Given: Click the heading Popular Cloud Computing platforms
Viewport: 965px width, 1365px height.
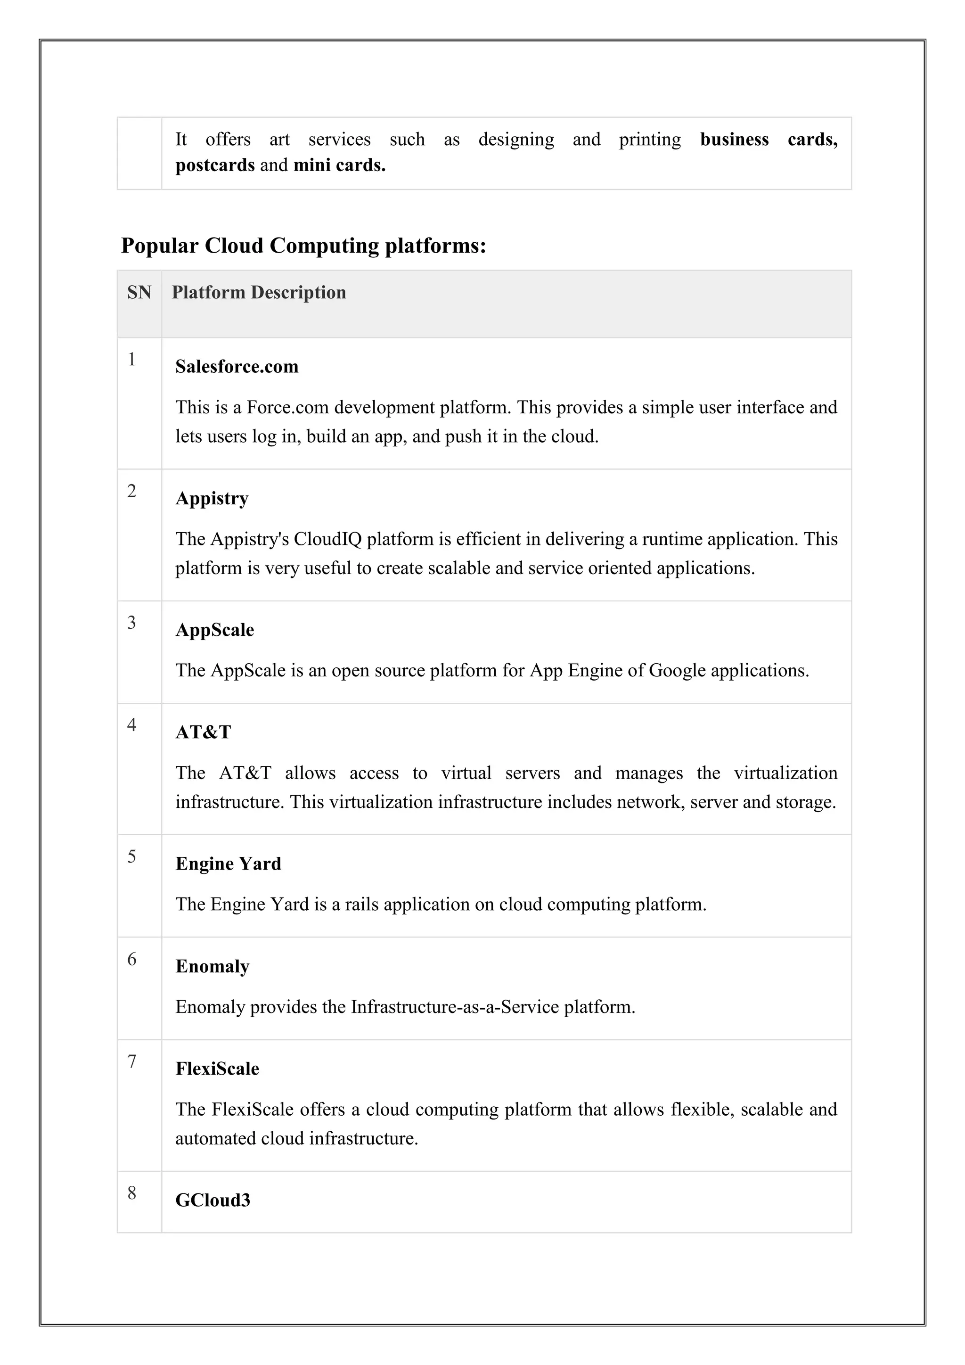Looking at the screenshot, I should click(303, 246).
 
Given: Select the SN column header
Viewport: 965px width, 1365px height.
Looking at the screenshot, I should click(139, 293).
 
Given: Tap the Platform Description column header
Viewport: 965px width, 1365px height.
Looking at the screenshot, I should click(259, 293).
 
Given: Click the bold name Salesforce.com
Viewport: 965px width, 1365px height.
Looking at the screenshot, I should click(237, 367).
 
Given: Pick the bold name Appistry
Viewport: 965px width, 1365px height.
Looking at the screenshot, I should click(212, 498).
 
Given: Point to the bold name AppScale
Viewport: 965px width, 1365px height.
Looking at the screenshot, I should click(214, 630).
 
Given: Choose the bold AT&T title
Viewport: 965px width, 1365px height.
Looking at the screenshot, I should click(203, 732).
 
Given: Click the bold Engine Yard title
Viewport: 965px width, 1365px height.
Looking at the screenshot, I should click(228, 864).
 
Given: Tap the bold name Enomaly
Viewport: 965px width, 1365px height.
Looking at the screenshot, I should click(212, 967).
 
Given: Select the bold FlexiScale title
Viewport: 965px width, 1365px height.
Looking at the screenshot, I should click(217, 1069).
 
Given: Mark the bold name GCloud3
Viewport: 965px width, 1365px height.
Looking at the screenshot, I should click(213, 1201).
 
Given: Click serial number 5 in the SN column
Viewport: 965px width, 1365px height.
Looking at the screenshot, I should click(132, 857).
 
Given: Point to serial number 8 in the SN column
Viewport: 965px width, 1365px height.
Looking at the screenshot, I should click(132, 1193).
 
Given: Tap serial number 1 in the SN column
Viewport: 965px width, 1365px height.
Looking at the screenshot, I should click(132, 360).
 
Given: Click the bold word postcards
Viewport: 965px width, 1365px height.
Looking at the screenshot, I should click(214, 164).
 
